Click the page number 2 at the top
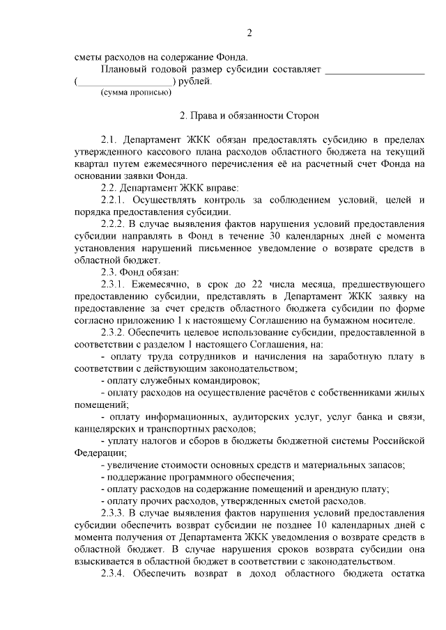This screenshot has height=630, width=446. click(x=249, y=33)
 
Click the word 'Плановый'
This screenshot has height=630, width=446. click(x=123, y=70)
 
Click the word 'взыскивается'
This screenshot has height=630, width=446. click(x=105, y=561)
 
